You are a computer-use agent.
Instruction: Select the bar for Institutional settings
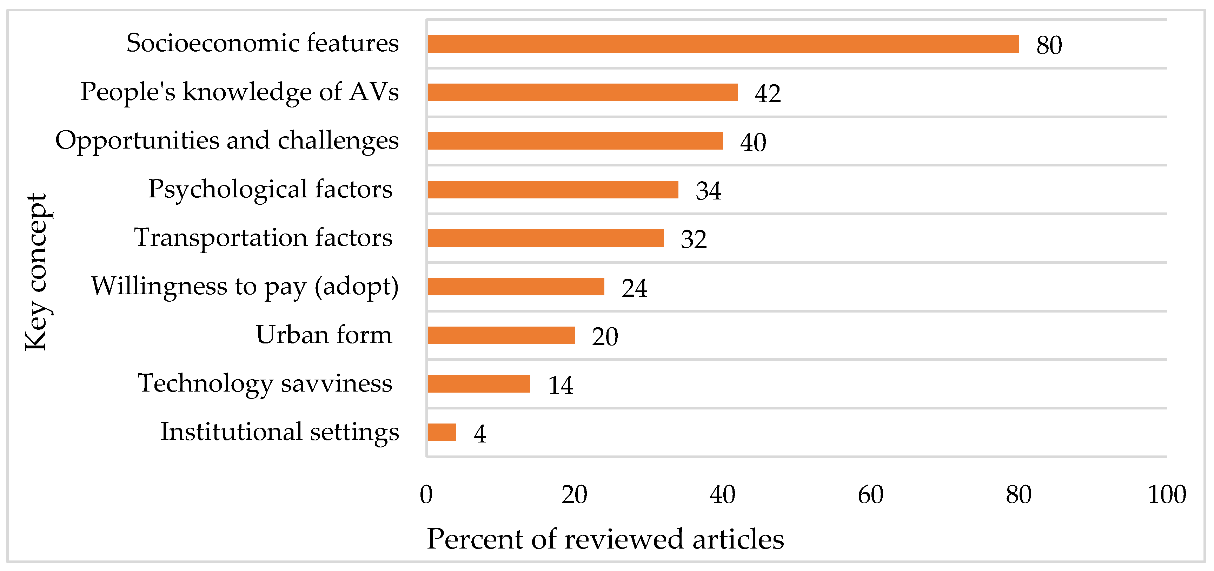[442, 432]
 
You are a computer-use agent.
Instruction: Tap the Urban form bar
[501, 335]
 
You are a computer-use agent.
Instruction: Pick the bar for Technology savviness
[479, 383]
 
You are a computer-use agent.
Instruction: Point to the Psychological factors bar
[553, 190]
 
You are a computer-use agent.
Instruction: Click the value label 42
[768, 93]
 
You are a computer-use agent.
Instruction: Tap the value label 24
[634, 288]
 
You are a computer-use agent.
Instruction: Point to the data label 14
[560, 385]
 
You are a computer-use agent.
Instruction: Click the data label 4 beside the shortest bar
[480, 434]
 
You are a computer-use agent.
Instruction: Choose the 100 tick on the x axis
[1166, 494]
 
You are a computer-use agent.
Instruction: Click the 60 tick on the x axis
[870, 494]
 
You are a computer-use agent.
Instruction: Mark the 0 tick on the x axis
[426, 494]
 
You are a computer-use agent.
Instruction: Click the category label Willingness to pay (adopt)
[245, 286]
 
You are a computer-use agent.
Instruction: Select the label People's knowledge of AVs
[239, 91]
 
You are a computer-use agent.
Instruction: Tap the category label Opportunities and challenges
[227, 140]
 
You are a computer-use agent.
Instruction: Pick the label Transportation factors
[263, 237]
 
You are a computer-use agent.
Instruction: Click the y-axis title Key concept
[36, 272]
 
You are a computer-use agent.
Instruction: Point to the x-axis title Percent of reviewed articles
[605, 539]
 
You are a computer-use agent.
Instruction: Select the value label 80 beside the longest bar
[1049, 45]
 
